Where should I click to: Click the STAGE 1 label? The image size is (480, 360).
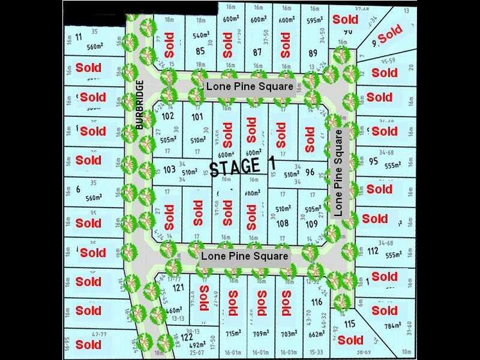click(x=236, y=167)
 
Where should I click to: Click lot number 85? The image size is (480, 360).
click(x=200, y=52)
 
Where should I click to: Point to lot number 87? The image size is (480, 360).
click(x=257, y=52)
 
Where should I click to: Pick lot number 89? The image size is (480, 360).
click(x=313, y=53)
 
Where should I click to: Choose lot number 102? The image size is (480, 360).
click(x=168, y=116)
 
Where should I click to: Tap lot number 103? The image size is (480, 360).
click(x=169, y=170)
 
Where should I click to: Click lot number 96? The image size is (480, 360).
click(x=310, y=171)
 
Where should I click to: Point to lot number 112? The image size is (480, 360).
click(x=373, y=251)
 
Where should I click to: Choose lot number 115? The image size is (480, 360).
click(x=350, y=325)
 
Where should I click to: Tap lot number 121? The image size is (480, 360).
click(x=178, y=288)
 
